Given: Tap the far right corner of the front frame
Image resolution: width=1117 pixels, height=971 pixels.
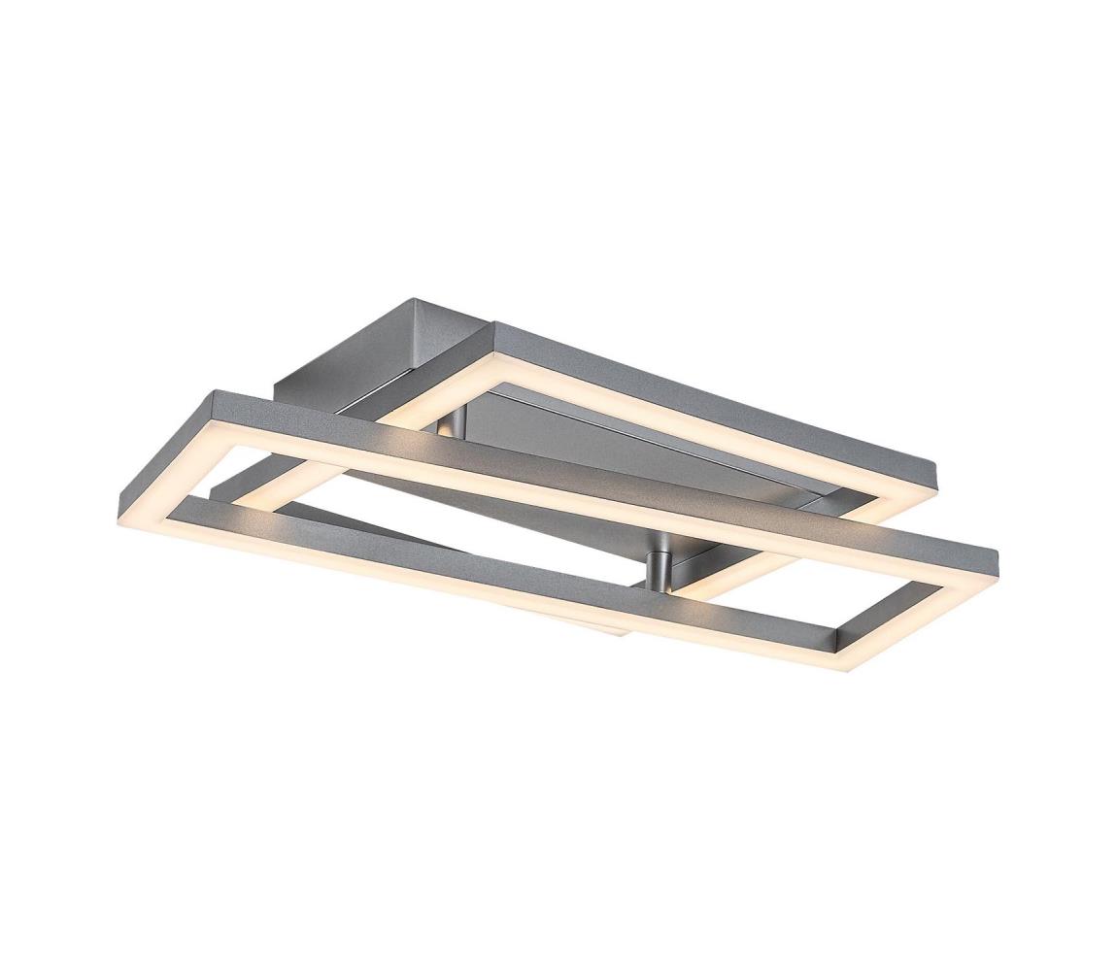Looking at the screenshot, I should (997, 557).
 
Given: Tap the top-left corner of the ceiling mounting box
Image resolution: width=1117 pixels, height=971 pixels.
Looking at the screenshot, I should (415, 303).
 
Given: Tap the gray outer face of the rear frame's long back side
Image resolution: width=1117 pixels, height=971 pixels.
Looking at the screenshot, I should (719, 392).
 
